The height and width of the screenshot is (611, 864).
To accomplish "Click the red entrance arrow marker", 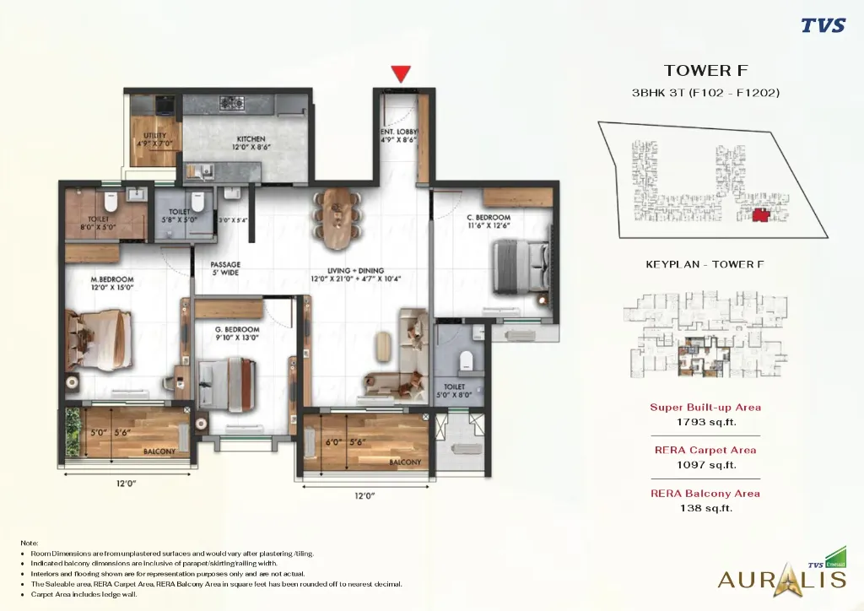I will click(x=401, y=73).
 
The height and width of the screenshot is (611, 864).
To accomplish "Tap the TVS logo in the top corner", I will click(x=823, y=24).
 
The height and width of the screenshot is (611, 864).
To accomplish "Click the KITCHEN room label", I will click(x=251, y=139).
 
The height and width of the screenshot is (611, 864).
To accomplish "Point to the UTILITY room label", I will click(x=154, y=136).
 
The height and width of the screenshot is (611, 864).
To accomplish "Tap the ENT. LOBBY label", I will click(x=399, y=132).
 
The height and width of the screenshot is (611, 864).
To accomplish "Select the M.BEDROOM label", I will click(x=112, y=279).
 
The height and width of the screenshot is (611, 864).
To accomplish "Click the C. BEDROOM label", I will click(x=489, y=218).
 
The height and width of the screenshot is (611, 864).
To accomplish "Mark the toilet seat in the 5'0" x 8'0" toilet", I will click(x=463, y=362).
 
